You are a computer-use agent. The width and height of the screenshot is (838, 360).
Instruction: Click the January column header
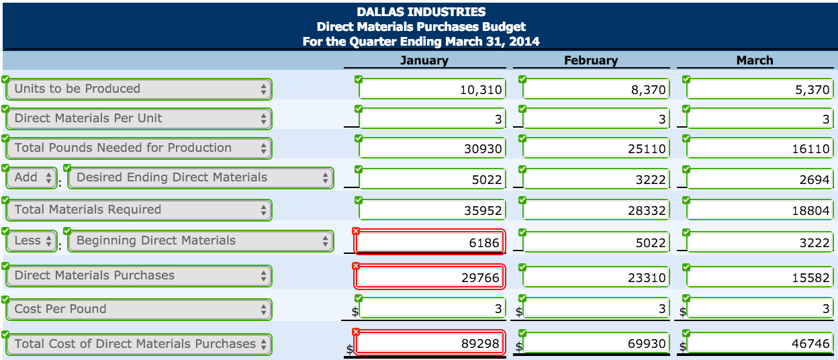click(x=424, y=60)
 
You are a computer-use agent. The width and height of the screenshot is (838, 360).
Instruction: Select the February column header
click(x=590, y=60)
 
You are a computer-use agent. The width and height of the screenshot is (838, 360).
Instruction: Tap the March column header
click(x=754, y=60)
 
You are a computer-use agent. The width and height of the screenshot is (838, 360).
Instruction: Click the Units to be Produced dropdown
click(x=139, y=89)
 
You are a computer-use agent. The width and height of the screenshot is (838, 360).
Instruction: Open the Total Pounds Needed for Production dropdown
click(x=139, y=148)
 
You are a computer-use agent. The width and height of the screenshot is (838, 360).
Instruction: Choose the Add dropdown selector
click(x=32, y=178)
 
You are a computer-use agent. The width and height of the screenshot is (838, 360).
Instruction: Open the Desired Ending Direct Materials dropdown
click(x=201, y=178)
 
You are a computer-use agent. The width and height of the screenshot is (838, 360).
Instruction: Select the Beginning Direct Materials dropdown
click(x=201, y=241)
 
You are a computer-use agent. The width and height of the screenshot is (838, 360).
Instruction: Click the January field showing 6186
click(x=430, y=242)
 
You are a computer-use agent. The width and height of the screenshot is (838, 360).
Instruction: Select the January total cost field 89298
click(x=430, y=344)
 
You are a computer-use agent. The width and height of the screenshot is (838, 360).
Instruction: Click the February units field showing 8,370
click(x=596, y=90)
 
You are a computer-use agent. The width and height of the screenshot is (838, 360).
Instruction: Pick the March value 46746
click(x=759, y=344)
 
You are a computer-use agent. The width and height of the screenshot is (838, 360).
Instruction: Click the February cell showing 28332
click(x=596, y=211)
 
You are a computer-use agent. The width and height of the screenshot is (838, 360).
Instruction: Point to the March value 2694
click(x=759, y=179)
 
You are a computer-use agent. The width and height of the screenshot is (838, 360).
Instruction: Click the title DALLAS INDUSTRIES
click(x=421, y=12)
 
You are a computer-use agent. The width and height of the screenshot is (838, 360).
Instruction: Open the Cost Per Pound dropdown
click(x=139, y=310)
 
